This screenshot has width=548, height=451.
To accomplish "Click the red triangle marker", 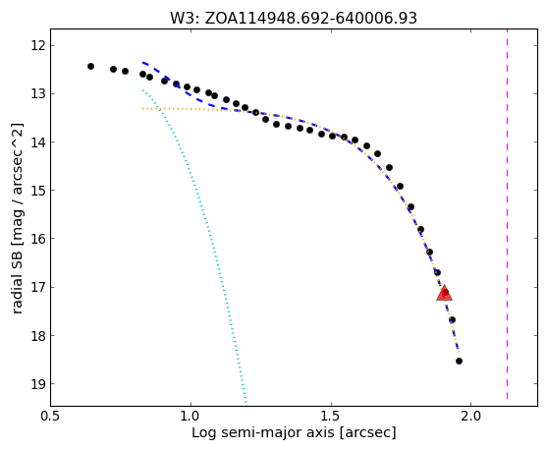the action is point(444,294).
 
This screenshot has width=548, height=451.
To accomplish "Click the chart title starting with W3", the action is point(294,19).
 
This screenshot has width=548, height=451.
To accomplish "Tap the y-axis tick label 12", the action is point(38,46).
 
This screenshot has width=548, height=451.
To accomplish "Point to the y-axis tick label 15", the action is point(38,191).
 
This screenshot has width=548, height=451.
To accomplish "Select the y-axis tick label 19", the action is point(38,384).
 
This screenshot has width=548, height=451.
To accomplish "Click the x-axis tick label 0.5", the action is point(51,417).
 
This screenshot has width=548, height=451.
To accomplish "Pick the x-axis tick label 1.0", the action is point(191,417).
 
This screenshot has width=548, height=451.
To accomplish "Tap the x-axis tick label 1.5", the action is point(331,417).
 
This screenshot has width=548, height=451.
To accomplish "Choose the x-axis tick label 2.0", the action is point(471,417).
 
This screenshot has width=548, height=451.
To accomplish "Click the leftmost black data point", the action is point(91,67).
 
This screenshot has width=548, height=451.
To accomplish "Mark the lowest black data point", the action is point(460,362).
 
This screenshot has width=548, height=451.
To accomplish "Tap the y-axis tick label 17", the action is point(38,287).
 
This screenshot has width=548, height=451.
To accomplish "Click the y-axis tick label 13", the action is point(38,94).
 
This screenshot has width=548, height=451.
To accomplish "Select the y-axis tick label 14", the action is point(38,142).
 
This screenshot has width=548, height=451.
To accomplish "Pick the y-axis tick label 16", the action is point(38,239).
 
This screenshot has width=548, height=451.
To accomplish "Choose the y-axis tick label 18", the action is point(38,336).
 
